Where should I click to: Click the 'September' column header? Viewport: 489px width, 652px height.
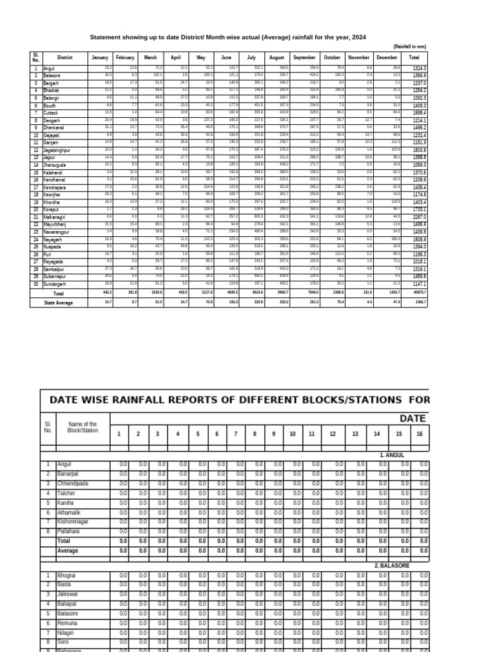304,57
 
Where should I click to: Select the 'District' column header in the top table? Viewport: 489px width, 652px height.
64,57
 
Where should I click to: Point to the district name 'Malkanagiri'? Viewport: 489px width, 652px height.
56,235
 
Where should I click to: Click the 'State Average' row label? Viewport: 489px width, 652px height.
58,303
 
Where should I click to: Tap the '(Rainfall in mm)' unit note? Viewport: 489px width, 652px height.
409,46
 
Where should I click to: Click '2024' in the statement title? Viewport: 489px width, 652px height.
359,38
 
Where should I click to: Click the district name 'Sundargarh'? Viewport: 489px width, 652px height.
55,283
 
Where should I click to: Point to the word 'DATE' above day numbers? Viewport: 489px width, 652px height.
413,418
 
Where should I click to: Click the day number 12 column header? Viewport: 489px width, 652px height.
333,434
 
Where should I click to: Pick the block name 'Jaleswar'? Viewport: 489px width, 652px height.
67,594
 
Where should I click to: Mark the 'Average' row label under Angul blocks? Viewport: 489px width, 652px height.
67,550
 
